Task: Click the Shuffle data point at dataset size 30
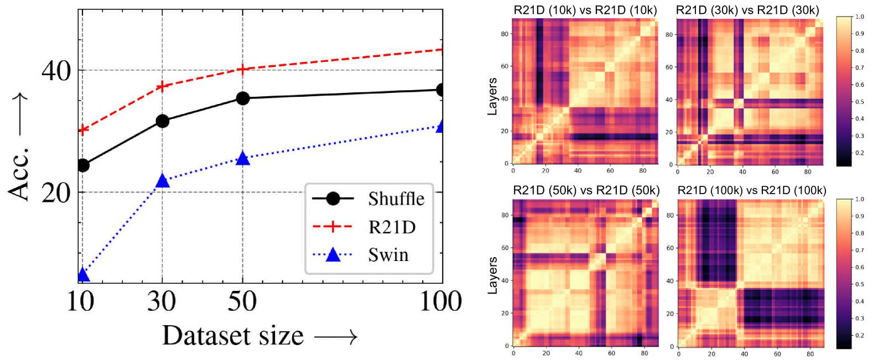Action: (162, 121)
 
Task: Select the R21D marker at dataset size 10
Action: (83, 130)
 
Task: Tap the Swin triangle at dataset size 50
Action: (242, 159)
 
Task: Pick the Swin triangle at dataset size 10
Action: (83, 274)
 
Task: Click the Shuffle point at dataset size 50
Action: (242, 98)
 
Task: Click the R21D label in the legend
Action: (392, 227)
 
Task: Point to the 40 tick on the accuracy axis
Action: (56, 71)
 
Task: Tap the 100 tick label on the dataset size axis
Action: (441, 301)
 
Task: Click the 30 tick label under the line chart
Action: (162, 301)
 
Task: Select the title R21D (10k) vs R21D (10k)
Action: (585, 10)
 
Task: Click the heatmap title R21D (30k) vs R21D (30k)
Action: (747, 10)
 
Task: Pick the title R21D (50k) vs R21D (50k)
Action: (586, 190)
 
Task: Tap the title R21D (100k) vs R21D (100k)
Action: (752, 190)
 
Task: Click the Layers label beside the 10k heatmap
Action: (492, 96)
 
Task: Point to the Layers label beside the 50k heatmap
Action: (492, 275)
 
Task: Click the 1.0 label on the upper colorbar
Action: (859, 17)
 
